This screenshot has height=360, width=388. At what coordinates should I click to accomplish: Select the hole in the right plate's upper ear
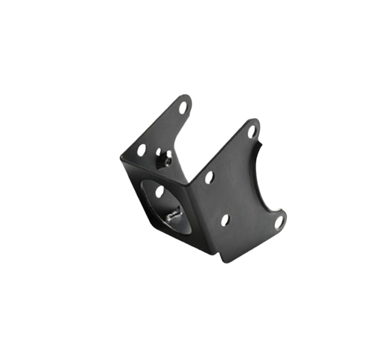pyautogui.click(x=252, y=132)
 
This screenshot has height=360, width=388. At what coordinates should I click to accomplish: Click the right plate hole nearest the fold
pyautogui.click(x=210, y=177)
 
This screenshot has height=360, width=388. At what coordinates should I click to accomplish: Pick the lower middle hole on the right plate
pyautogui.click(x=225, y=220)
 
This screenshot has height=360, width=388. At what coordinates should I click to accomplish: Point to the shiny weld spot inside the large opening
pyautogui.click(x=174, y=216)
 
